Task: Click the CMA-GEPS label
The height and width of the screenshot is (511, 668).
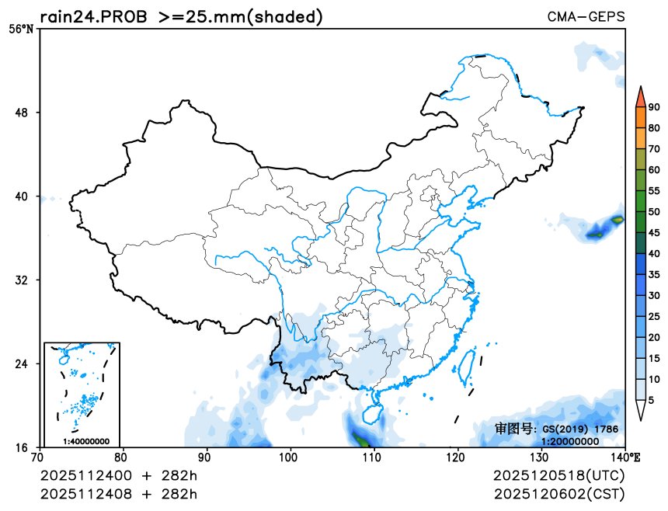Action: pos(585,16)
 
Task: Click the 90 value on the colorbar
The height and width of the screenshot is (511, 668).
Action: pos(654,107)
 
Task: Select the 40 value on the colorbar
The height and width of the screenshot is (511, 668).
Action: pos(654,253)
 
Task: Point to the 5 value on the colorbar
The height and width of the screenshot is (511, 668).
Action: pos(651,399)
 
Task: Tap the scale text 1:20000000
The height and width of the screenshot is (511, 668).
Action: pos(569,441)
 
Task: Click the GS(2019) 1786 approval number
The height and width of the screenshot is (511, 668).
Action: pos(579,429)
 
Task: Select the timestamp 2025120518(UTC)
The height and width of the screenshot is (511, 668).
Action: pos(558,475)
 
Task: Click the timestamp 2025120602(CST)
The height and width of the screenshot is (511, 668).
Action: pos(558,494)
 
